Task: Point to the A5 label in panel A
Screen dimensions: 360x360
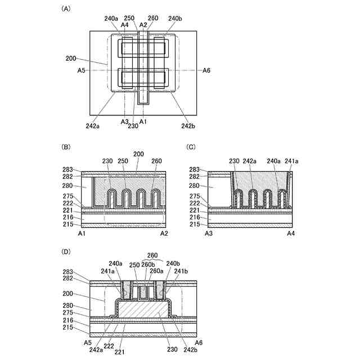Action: [82, 70]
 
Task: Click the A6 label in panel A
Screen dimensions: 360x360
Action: [207, 70]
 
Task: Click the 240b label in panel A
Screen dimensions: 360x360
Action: [175, 19]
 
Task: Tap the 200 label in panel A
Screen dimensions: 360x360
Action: [71, 58]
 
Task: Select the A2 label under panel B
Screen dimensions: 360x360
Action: [164, 233]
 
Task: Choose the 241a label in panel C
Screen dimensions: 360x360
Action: [292, 160]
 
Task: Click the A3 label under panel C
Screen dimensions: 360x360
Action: [209, 233]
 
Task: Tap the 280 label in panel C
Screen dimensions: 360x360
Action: [195, 186]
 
